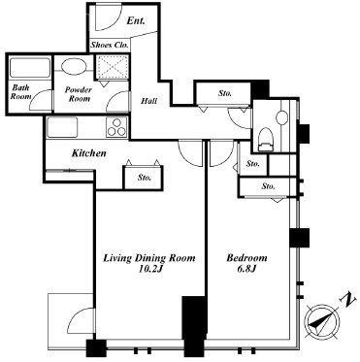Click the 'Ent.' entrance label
(135, 20)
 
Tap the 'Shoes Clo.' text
(110, 45)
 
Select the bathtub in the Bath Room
(30, 68)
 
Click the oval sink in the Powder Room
(74, 67)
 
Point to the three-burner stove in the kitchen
(116, 127)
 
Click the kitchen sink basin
(62, 127)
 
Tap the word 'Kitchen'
(89, 153)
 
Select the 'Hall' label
(149, 101)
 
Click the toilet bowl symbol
(267, 138)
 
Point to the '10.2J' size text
(149, 268)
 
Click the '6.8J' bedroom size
(246, 268)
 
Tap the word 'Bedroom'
(246, 258)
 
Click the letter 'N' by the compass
(347, 301)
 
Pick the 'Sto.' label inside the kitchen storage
(145, 178)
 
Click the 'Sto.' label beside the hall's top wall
(225, 93)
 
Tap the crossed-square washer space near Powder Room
(113, 67)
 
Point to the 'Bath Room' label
(20, 91)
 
